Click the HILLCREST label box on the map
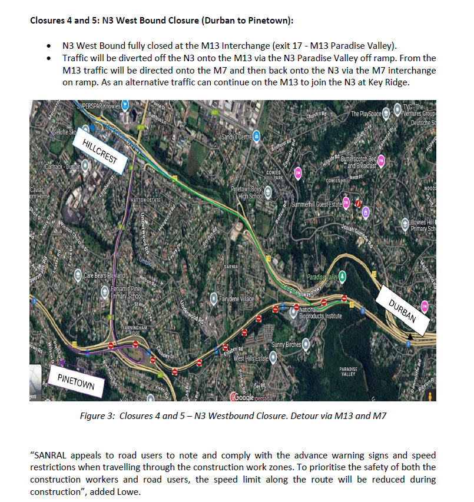pos(101,152)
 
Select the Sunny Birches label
pos(286,344)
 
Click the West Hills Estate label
pos(251,358)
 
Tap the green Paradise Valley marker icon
pos(342,277)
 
